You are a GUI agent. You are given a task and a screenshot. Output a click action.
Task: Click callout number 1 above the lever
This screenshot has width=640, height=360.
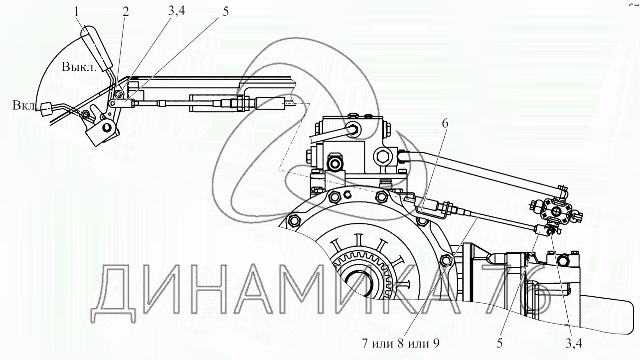[77, 11]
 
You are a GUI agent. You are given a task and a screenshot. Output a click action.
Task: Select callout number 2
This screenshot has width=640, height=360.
[125, 11]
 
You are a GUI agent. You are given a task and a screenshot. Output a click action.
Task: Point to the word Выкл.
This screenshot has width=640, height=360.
[79, 68]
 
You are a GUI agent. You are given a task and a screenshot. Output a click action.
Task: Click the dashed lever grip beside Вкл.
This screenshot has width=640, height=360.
[47, 109]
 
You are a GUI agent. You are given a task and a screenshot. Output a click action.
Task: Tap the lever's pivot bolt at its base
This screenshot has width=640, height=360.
[106, 128]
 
